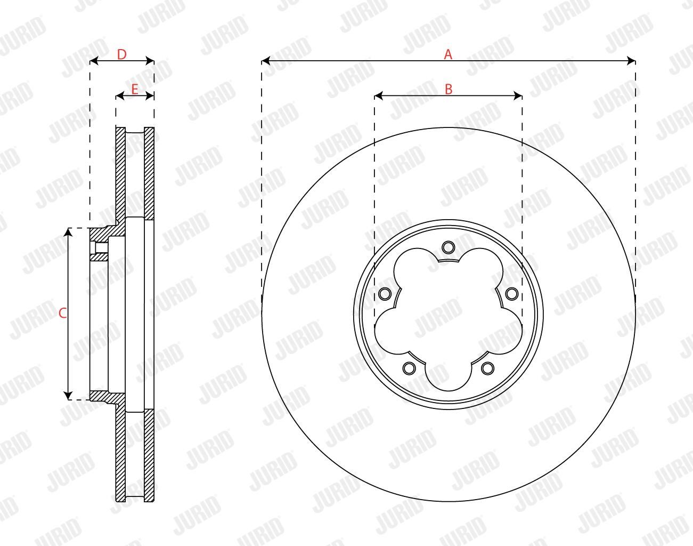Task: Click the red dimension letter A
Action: [448, 54]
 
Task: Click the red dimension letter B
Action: [449, 89]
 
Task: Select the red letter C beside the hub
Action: [63, 313]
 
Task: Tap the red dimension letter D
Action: [122, 55]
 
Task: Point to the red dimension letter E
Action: [135, 89]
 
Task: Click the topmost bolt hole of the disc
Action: [449, 247]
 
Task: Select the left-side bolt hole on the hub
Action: [385, 294]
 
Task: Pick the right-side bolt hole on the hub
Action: [512, 294]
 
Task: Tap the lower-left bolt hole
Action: [409, 368]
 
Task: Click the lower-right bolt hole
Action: [487, 368]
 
